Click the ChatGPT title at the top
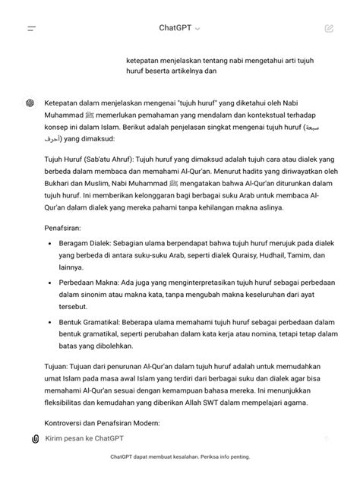tap(175, 28)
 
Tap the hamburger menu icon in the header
tap(31, 28)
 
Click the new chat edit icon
tap(328, 28)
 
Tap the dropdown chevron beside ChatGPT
tap(197, 29)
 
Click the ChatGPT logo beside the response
tap(30, 103)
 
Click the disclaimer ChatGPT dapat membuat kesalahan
tap(180, 457)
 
